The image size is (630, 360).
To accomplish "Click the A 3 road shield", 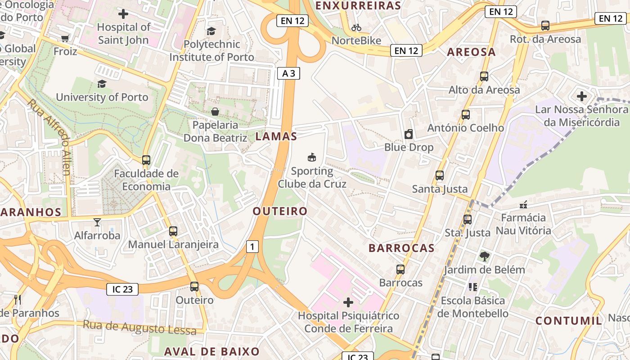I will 288,73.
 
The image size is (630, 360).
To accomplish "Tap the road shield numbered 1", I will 252,246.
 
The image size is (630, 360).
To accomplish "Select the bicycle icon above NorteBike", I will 356,27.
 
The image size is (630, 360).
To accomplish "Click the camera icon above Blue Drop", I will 409,134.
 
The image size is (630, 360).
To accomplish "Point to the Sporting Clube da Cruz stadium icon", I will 311,157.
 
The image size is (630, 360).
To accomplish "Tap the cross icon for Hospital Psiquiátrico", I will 348,302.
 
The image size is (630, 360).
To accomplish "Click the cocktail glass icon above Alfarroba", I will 97,222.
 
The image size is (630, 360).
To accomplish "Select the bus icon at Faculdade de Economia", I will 146,160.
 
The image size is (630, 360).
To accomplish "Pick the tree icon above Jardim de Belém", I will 484,256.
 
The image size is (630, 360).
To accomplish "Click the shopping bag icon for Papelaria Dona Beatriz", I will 215,111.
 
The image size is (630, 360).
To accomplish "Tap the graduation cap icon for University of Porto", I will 102,84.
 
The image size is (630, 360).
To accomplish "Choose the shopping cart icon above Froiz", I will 65,38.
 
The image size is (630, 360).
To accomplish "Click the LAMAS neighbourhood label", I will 276,137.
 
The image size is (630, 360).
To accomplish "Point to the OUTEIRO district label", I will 280,211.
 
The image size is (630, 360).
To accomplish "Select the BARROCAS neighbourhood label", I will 401,248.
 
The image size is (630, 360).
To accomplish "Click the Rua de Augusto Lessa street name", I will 139,327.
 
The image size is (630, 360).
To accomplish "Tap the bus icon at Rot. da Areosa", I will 545,26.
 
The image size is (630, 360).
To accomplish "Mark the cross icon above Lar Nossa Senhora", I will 581,96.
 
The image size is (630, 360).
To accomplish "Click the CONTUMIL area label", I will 569,321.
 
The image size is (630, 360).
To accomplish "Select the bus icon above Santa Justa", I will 440,175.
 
